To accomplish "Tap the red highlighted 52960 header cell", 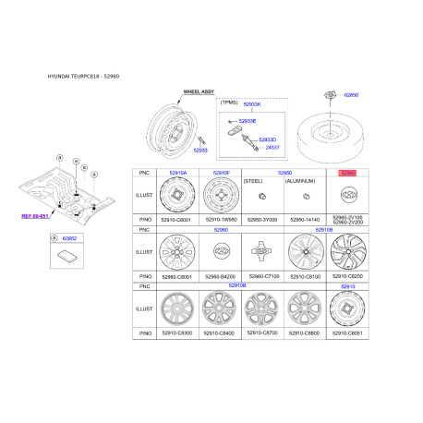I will [x=348, y=172].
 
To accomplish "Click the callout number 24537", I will [x=272, y=147].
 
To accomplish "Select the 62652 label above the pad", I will [x=70, y=238].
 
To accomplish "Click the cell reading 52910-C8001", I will [x=175, y=220].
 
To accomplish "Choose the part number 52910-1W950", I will [x=221, y=220].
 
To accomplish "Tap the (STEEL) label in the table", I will [x=252, y=182].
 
